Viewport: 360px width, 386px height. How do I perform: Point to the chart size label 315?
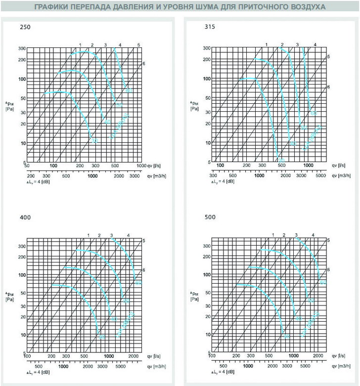click(209, 27)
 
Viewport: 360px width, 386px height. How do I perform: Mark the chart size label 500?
click(209, 217)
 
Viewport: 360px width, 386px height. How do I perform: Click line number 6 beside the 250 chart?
click(144, 63)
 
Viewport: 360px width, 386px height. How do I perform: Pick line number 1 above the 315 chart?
click(267, 45)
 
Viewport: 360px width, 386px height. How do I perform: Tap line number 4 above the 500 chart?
click(313, 234)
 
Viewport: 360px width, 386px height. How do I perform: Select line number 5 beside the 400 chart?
click(144, 240)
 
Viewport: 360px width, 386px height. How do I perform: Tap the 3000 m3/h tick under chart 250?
click(135, 176)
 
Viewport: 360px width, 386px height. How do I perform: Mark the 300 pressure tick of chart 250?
click(21, 48)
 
